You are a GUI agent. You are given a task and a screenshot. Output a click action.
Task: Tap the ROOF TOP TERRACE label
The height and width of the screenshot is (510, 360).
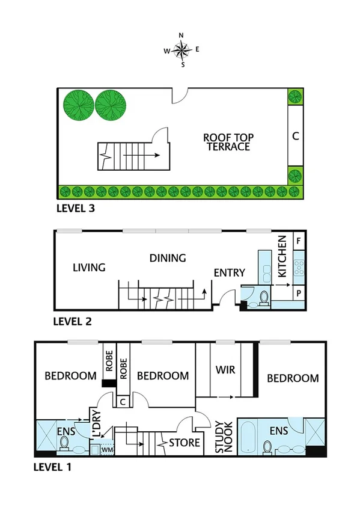click(227, 142)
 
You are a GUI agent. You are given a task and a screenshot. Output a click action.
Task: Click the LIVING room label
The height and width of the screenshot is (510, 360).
click(89, 267)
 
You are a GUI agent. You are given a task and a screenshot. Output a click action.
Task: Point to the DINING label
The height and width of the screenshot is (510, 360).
click(168, 258)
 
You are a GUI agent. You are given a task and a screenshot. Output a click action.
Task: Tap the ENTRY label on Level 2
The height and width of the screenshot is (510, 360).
click(229, 273)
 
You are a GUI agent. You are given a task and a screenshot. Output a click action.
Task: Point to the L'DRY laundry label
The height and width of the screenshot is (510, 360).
click(94, 423)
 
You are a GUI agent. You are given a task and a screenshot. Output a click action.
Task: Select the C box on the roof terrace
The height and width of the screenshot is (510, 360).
click(295, 136)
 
